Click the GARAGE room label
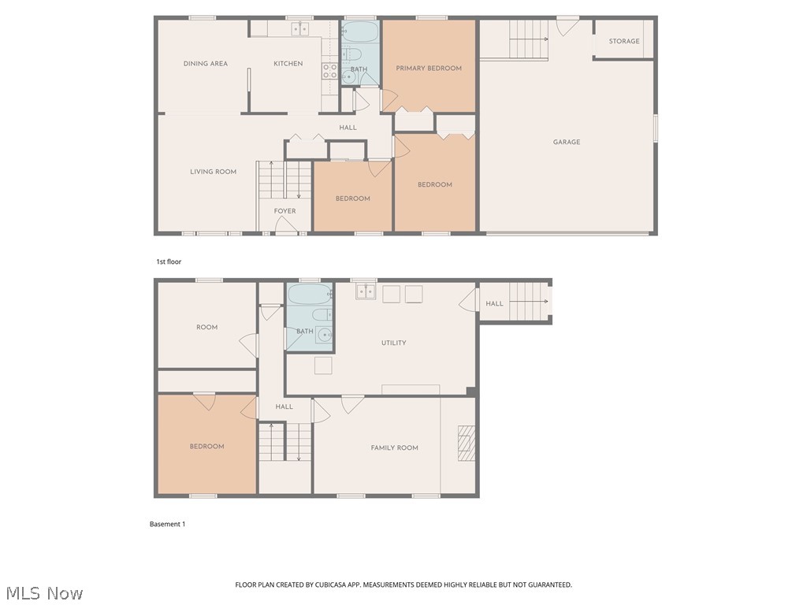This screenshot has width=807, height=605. pos(566,143)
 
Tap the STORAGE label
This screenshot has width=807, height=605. pos(623,41)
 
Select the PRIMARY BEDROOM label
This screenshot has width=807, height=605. pos(429,69)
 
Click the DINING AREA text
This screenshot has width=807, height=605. pos(206,64)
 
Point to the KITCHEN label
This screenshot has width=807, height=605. pos(288,64)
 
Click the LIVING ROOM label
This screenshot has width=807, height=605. pos(213,172)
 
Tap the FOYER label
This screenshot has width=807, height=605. pos(284,211)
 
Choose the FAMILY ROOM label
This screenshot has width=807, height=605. pos(394,448)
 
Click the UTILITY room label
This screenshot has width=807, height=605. pos(393,343)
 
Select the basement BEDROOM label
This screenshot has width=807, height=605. pos(206,447)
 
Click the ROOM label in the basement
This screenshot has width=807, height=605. pos(206,328)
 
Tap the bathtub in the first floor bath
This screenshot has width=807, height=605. pos(360,32)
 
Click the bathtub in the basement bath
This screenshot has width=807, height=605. pos(310,295)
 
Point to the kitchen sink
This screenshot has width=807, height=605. pos(300,29)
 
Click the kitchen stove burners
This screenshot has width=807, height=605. pos(329,72)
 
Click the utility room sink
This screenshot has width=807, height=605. pos(365,291)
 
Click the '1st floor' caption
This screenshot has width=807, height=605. pos(168,262)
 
